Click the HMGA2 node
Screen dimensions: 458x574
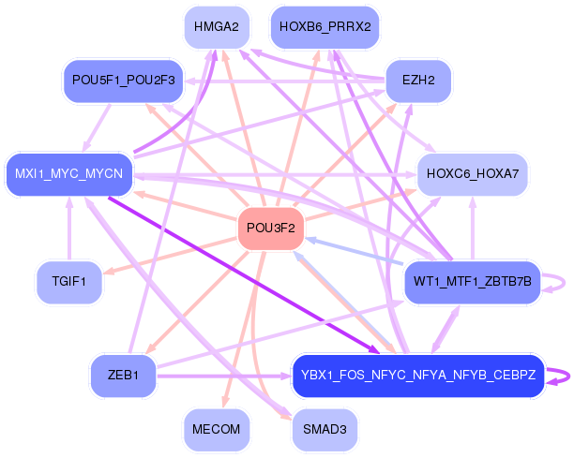click(x=216, y=27)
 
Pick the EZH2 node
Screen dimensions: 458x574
click(x=417, y=81)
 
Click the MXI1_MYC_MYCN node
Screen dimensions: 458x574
click(x=69, y=173)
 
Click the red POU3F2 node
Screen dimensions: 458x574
click(x=271, y=228)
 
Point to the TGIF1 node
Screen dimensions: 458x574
click(x=69, y=281)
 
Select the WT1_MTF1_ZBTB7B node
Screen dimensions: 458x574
click(x=473, y=281)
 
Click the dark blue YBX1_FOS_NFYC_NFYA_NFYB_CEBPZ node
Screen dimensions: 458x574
click(x=418, y=375)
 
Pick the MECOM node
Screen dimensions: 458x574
click(x=216, y=429)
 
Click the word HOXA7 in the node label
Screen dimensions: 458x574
click(x=502, y=173)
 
